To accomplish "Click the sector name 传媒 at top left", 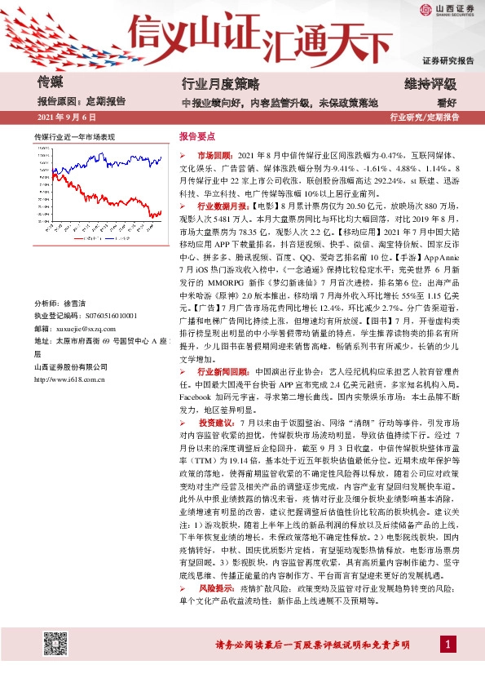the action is (51, 82).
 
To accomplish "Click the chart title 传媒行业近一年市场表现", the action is (74, 135).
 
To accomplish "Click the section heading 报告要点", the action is (196, 136).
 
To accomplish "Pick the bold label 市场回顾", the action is (215, 154).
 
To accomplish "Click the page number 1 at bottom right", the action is (448, 645).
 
